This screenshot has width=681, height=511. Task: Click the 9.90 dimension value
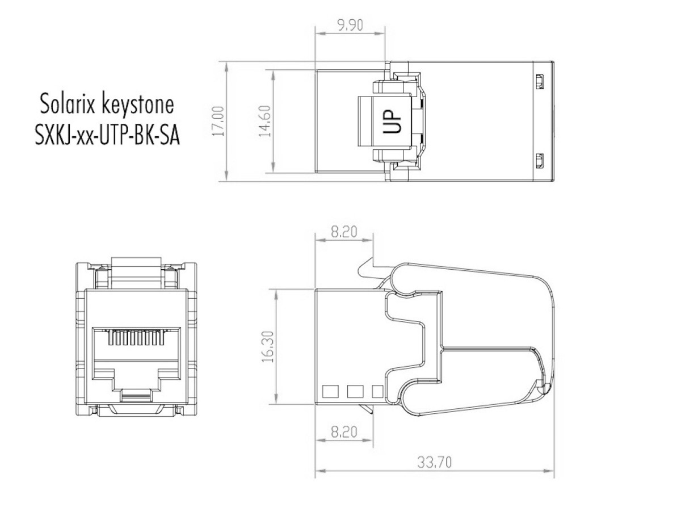[350, 25]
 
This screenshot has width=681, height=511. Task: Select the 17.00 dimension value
[217, 122]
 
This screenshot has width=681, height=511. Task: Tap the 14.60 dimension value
[265, 122]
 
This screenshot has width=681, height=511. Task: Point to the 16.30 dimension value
[267, 346]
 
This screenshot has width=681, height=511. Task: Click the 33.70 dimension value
[434, 463]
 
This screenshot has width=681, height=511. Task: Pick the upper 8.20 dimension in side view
[344, 232]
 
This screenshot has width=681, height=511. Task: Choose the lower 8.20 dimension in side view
[344, 432]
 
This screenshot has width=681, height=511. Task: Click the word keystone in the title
[138, 106]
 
